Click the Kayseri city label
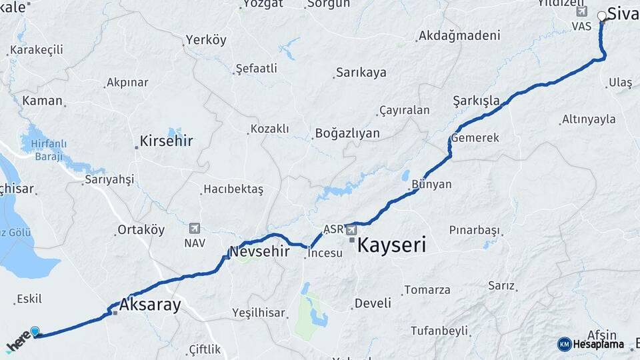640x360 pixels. pos(391,245)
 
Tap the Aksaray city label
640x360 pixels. pos(150,305)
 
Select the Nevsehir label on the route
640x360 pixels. pos(259,251)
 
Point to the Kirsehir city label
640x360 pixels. pos(166,141)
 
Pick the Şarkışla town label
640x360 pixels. pos(476,101)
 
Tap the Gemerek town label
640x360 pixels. pos(475,138)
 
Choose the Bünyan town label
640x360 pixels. pos(431,185)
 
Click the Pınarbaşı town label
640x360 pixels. pos(474,230)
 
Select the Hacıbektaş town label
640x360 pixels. pos(233,189)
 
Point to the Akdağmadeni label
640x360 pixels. pos(459,36)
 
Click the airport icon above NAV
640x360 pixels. pos(195,228)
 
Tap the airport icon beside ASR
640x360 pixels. pos(351,229)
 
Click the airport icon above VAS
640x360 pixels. pos(581,11)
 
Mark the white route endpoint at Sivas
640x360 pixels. pos(602,15)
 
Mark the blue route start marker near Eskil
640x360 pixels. pos(35,331)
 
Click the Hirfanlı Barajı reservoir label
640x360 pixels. pos(48,150)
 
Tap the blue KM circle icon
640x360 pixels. pos(565,344)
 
